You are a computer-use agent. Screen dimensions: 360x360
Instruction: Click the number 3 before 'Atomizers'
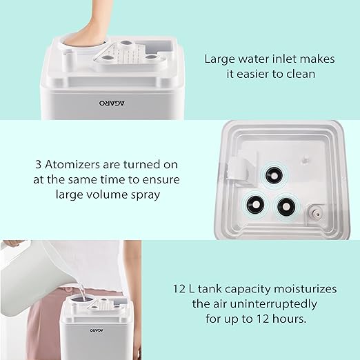(x=38, y=165)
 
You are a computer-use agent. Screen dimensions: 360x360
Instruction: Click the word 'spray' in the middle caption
(x=146, y=195)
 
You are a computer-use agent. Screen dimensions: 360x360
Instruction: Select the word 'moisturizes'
(x=305, y=289)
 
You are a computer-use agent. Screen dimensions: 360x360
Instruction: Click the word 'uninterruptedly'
(x=273, y=304)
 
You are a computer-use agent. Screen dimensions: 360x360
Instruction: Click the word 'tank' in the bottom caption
(x=210, y=289)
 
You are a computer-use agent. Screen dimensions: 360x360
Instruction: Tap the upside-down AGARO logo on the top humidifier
(x=112, y=103)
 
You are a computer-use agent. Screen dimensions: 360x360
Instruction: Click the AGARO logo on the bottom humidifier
(x=97, y=330)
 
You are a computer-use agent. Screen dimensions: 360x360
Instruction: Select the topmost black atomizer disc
(x=274, y=176)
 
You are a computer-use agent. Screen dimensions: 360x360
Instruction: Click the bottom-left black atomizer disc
(x=255, y=204)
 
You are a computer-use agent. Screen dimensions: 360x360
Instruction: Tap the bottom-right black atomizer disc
(x=286, y=206)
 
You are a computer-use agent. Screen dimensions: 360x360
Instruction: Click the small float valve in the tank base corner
(x=314, y=214)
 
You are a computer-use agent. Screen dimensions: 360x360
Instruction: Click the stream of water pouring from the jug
(x=81, y=292)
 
